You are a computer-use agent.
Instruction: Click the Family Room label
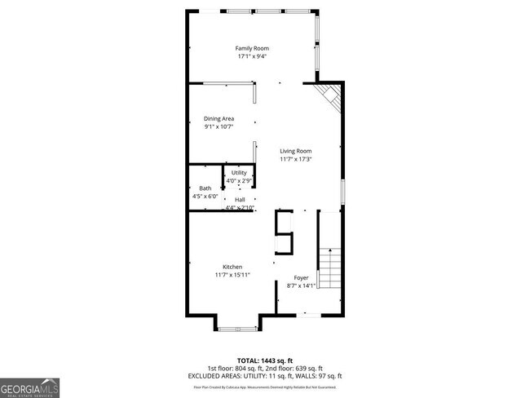(x=253, y=49)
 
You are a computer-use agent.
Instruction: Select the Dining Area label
(x=219, y=118)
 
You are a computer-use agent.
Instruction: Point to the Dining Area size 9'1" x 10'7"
(x=219, y=126)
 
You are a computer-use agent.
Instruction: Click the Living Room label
(x=296, y=151)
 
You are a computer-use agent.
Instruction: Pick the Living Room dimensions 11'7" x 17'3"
(x=296, y=159)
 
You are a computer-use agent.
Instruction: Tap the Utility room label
(x=239, y=173)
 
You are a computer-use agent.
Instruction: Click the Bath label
(x=205, y=188)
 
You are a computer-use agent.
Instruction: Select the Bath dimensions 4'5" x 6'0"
(x=205, y=197)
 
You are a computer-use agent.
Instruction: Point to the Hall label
(x=240, y=200)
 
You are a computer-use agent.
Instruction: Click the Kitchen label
(x=232, y=267)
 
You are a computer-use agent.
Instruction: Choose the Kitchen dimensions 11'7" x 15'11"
(x=232, y=275)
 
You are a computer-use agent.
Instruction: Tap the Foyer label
(x=301, y=277)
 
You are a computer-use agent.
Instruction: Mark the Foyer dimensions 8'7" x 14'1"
(x=301, y=285)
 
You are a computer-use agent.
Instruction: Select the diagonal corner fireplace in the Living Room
(x=329, y=99)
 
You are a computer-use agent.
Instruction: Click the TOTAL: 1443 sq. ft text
(x=264, y=360)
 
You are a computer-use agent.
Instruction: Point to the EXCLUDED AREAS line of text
(x=264, y=375)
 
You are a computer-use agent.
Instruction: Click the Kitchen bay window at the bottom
(x=238, y=328)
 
